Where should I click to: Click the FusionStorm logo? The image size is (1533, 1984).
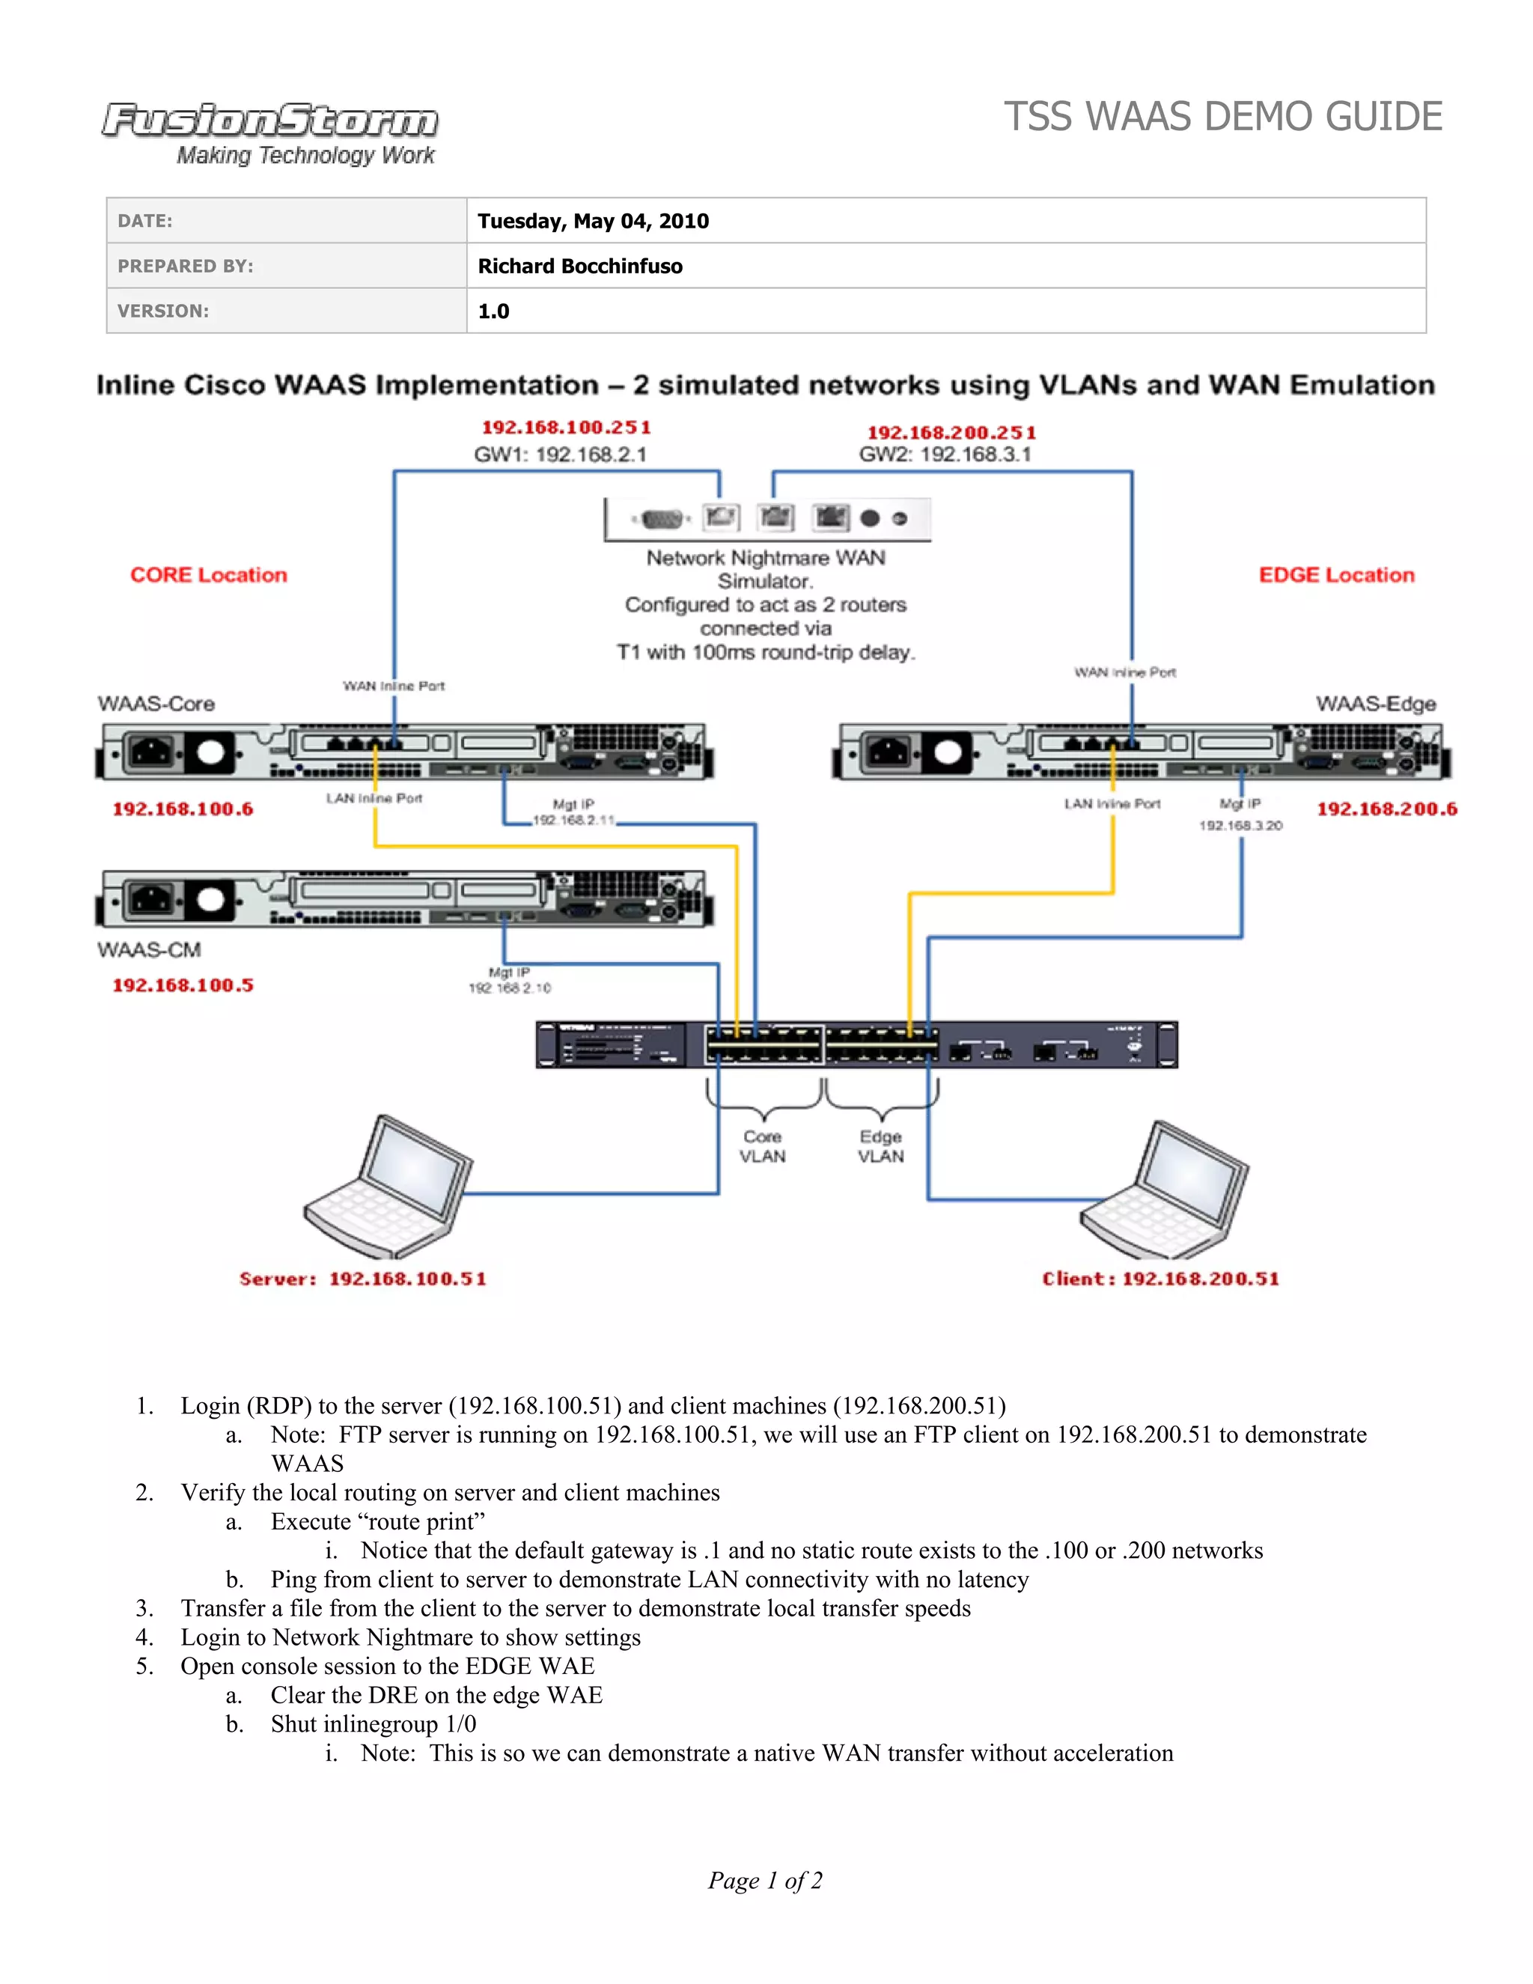(x=269, y=133)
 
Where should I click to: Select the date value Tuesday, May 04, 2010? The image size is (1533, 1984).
(x=593, y=221)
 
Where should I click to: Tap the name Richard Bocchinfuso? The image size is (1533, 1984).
(x=579, y=267)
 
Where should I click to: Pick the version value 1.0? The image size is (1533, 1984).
(x=493, y=311)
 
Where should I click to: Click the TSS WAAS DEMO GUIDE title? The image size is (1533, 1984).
(x=1222, y=118)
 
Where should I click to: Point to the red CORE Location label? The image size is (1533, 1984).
(x=208, y=575)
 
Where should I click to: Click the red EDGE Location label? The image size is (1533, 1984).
(x=1336, y=575)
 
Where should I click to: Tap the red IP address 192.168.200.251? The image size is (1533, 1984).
(x=951, y=433)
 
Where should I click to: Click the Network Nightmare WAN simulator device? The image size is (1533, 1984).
(x=767, y=519)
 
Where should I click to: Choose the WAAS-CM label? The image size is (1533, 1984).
(x=149, y=950)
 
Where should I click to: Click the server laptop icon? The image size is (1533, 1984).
(x=388, y=1187)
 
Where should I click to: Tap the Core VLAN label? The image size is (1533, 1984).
(x=762, y=1146)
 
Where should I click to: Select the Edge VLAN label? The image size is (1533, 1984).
(x=881, y=1146)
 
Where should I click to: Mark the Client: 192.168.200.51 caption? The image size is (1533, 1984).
(x=1159, y=1279)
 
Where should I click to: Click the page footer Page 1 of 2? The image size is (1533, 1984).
(x=765, y=1881)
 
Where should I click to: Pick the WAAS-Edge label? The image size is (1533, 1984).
(x=1375, y=704)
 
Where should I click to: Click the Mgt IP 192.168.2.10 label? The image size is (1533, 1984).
(x=510, y=980)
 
